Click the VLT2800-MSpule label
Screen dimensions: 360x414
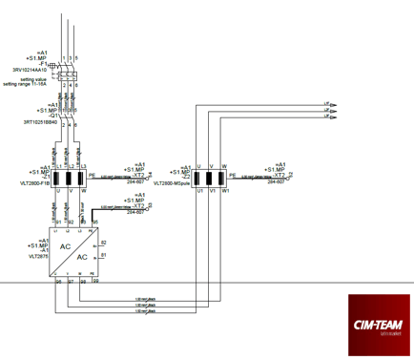169,182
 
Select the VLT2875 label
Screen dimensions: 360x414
38,256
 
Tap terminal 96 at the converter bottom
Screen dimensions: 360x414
58,282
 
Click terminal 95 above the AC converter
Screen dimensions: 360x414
94,222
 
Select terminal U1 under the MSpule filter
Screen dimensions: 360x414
199,190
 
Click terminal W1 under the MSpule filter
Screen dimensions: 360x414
225,190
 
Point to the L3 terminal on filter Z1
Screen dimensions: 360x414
83,166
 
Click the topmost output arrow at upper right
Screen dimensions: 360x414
328,103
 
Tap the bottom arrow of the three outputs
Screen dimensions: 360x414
328,118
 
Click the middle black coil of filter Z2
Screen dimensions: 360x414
212,178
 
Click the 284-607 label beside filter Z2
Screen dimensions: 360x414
278,182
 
